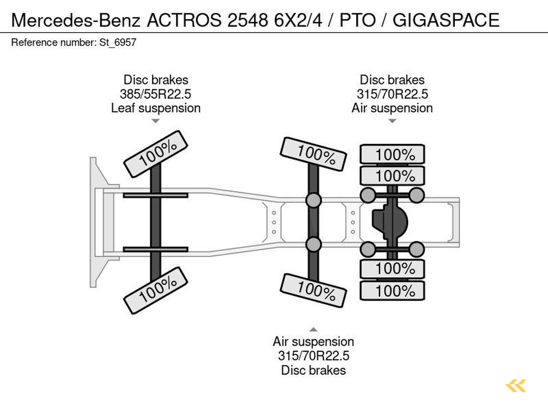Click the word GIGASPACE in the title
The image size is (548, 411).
pyautogui.click(x=446, y=20)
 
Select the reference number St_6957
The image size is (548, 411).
pyautogui.click(x=118, y=42)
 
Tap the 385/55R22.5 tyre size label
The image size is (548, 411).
pyautogui.click(x=156, y=94)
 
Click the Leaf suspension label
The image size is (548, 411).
pyautogui.click(x=156, y=108)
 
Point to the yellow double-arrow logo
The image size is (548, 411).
pyautogui.click(x=516, y=385)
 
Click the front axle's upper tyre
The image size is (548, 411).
pyautogui.click(x=156, y=153)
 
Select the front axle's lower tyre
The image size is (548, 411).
pyautogui.click(x=156, y=291)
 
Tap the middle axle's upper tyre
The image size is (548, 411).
pyautogui.click(x=314, y=154)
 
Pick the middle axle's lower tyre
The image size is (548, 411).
pyautogui.click(x=314, y=290)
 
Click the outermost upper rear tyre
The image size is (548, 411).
pyautogui.click(x=392, y=155)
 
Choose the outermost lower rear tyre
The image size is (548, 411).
pyautogui.click(x=392, y=291)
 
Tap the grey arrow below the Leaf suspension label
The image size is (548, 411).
pyautogui.click(x=156, y=121)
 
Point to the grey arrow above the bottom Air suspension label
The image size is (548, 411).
pyautogui.click(x=314, y=329)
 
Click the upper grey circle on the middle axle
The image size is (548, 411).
pyautogui.click(x=314, y=201)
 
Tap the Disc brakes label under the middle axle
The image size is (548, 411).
pyautogui.click(x=314, y=370)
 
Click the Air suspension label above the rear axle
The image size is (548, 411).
pyautogui.click(x=392, y=108)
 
